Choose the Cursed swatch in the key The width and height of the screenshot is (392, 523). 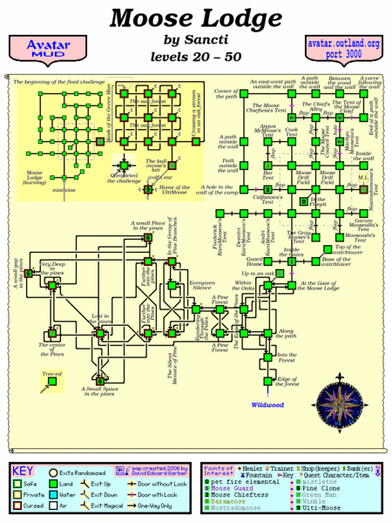click(x=20, y=505)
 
